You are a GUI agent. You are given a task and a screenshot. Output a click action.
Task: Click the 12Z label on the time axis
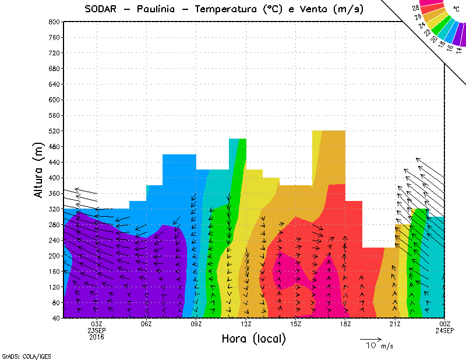click(246, 324)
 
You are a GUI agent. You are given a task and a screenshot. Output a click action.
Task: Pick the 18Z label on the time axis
click(345, 324)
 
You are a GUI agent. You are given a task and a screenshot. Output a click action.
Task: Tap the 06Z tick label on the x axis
click(146, 324)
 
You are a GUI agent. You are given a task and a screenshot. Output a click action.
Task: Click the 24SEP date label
click(444, 330)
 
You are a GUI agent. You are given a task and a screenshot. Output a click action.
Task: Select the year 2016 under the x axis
click(97, 337)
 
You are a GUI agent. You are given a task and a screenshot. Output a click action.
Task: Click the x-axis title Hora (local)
click(253, 338)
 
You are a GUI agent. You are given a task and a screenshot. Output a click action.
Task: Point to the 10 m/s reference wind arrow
click(370, 338)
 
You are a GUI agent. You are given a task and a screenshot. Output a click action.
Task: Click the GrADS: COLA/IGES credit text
click(18, 355)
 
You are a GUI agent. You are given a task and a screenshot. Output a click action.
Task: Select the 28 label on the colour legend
click(415, 8)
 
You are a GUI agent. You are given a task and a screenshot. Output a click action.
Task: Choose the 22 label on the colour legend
click(429, 33)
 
